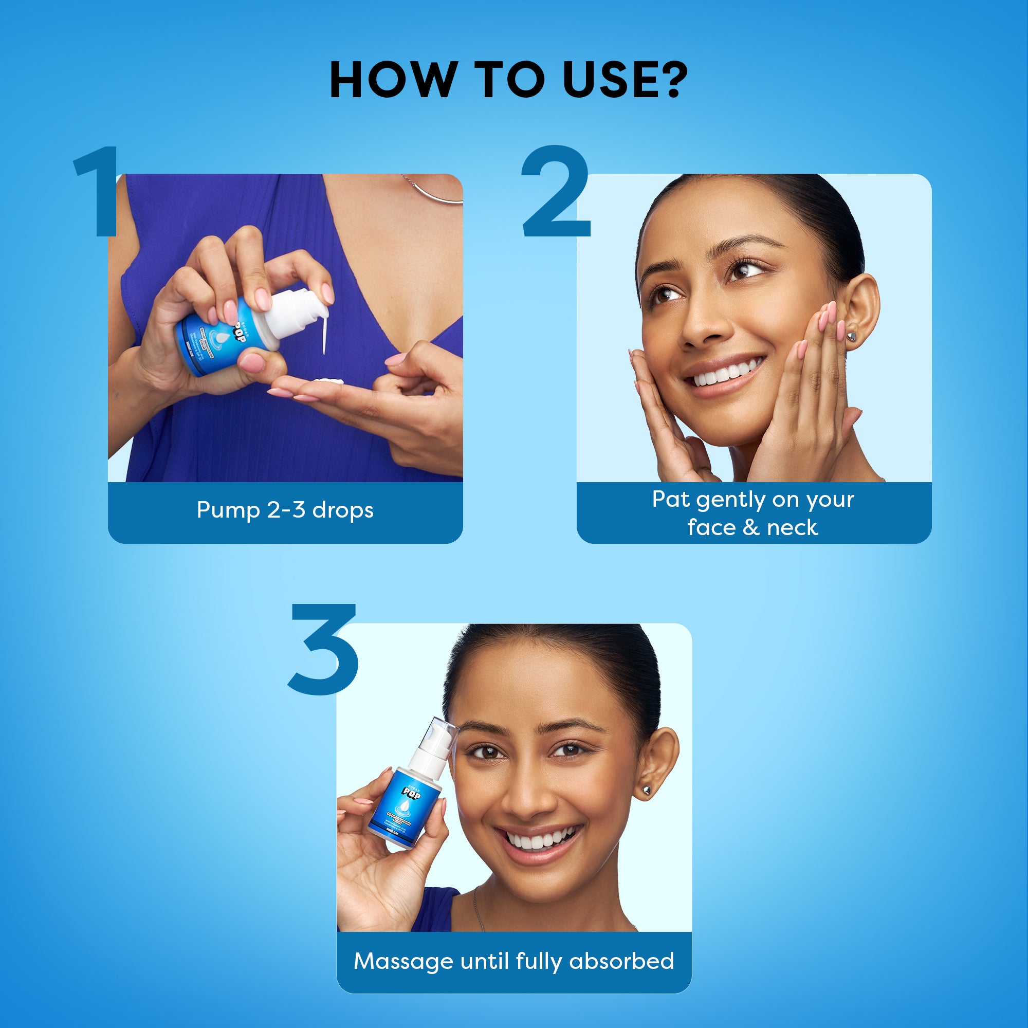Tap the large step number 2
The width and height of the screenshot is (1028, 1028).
[556, 192]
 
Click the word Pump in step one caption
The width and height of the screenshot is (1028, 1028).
[227, 510]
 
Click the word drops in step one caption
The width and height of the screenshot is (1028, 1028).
[343, 510]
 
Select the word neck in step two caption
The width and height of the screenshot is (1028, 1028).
[792, 528]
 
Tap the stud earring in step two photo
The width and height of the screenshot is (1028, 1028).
[852, 336]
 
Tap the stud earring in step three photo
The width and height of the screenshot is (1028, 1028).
[647, 791]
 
